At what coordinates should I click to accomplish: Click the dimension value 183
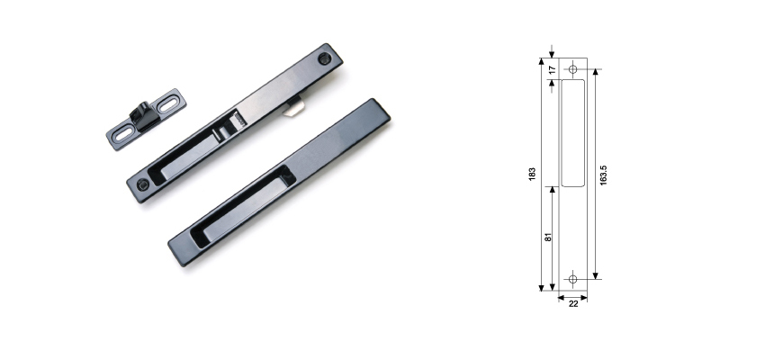click(532, 173)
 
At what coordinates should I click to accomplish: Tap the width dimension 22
click(572, 303)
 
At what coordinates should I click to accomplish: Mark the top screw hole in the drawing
click(573, 68)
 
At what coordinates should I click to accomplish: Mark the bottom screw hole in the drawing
click(573, 278)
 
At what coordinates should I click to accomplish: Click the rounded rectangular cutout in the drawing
click(573, 132)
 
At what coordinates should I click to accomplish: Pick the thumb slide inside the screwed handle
click(232, 122)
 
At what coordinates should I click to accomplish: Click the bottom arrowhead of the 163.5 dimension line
click(595, 274)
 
